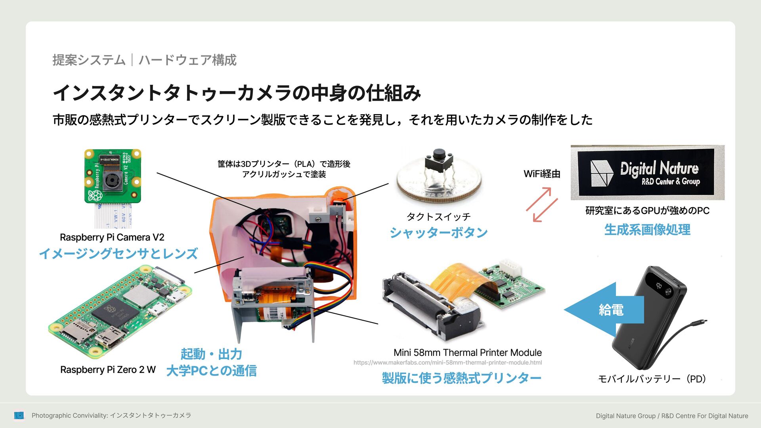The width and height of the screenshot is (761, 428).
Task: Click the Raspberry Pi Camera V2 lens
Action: click(x=111, y=181)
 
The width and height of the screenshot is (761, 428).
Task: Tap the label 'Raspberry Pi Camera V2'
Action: click(x=112, y=237)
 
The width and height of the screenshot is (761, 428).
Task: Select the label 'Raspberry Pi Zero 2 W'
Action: click(x=108, y=370)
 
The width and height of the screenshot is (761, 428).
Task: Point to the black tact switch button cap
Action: click(x=439, y=153)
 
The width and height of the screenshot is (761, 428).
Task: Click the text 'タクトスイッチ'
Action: click(x=438, y=217)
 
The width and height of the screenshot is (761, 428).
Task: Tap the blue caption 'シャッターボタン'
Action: click(x=438, y=233)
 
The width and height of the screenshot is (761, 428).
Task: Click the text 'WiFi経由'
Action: click(x=541, y=174)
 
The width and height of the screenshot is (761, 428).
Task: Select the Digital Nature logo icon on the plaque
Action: click(x=601, y=173)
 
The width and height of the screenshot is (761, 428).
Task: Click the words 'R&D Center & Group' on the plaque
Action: click(x=671, y=182)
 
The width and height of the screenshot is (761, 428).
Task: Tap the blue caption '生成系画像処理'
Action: click(x=647, y=230)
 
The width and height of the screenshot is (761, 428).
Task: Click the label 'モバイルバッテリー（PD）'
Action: click(x=652, y=379)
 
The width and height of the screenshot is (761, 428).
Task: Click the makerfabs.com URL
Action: click(x=447, y=363)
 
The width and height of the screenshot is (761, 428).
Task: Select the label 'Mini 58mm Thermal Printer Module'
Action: click(x=467, y=353)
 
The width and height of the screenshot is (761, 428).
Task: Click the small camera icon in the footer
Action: click(x=19, y=415)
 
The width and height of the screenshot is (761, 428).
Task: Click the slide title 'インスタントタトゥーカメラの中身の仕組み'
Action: click(x=237, y=93)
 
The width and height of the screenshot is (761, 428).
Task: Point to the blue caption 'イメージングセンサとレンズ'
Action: click(x=118, y=254)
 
